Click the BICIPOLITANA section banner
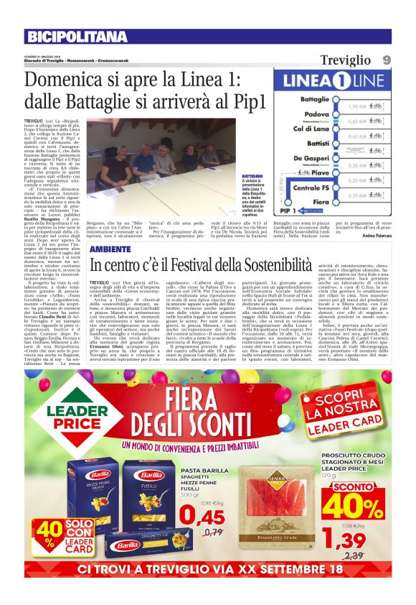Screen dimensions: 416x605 pos(77,37)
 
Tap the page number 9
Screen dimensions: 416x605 pos(406,60)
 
